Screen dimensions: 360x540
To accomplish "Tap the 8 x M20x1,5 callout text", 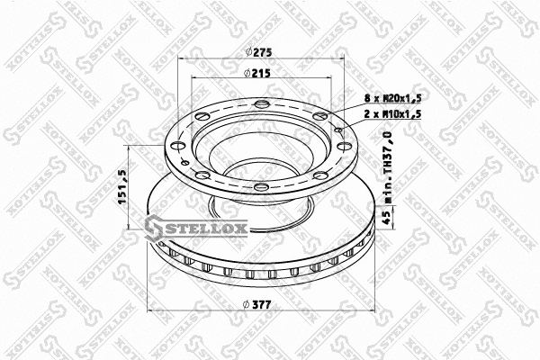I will pos(391,96).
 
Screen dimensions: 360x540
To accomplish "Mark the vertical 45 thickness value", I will pos(388,217).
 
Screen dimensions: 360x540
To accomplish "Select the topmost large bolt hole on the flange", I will pos(261,109).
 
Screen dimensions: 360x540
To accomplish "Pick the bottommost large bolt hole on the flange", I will pos(260,187).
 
